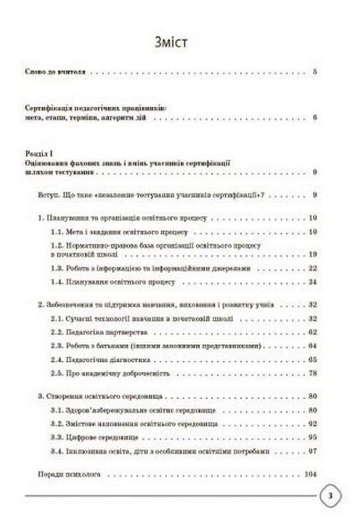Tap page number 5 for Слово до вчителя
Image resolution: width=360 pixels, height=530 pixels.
point(316,71)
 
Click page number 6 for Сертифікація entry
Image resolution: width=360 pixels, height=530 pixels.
point(316,118)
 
